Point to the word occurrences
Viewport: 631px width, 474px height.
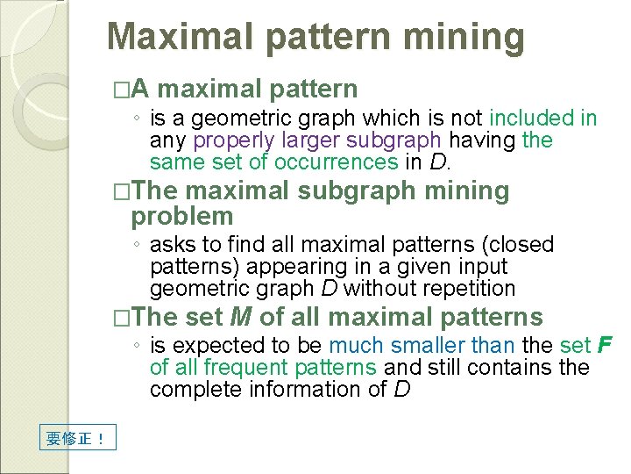tap(337, 162)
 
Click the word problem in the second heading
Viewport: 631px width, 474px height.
tap(182, 216)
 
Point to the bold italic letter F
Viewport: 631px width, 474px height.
tap(604, 345)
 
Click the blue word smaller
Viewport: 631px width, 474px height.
tap(428, 345)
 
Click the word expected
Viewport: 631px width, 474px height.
tap(209, 345)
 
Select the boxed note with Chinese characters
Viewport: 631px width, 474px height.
tap(78, 436)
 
